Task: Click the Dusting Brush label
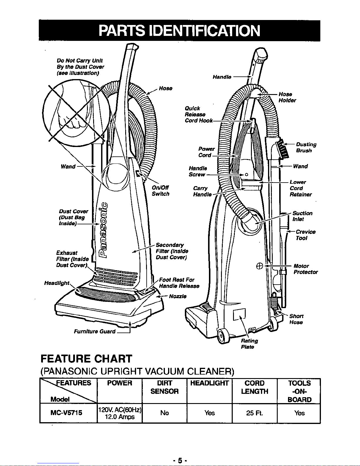(306, 148)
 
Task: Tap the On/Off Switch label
(160, 191)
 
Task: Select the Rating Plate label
(249, 344)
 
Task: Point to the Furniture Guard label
(95, 332)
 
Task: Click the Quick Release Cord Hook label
(197, 115)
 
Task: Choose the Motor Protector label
(305, 269)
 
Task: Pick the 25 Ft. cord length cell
(254, 413)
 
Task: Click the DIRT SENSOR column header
(164, 387)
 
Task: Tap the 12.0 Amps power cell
(120, 413)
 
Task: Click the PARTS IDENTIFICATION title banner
(179, 31)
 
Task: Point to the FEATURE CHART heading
(86, 359)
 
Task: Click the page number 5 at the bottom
(180, 459)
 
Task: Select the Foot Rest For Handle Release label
(179, 283)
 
